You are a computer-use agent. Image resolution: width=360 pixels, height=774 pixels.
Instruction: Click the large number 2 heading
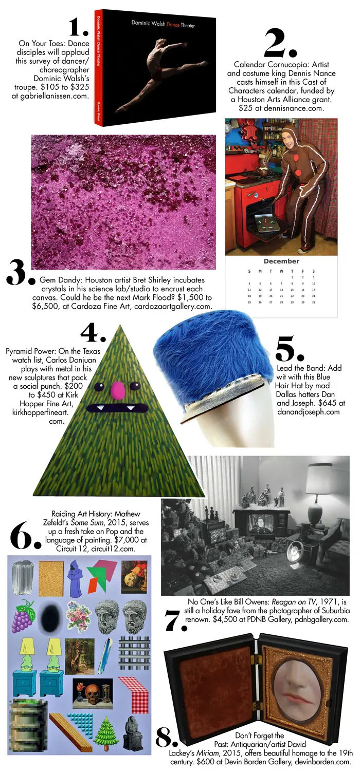280,44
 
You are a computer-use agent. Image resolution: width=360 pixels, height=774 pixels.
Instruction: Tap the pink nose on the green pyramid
118,389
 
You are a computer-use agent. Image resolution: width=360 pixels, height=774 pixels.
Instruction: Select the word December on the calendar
281,261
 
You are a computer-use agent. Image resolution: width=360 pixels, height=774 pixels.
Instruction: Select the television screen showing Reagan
260,525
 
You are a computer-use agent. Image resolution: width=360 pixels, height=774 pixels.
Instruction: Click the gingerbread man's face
291,138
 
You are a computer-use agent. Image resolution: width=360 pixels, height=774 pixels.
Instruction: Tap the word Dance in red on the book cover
173,25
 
